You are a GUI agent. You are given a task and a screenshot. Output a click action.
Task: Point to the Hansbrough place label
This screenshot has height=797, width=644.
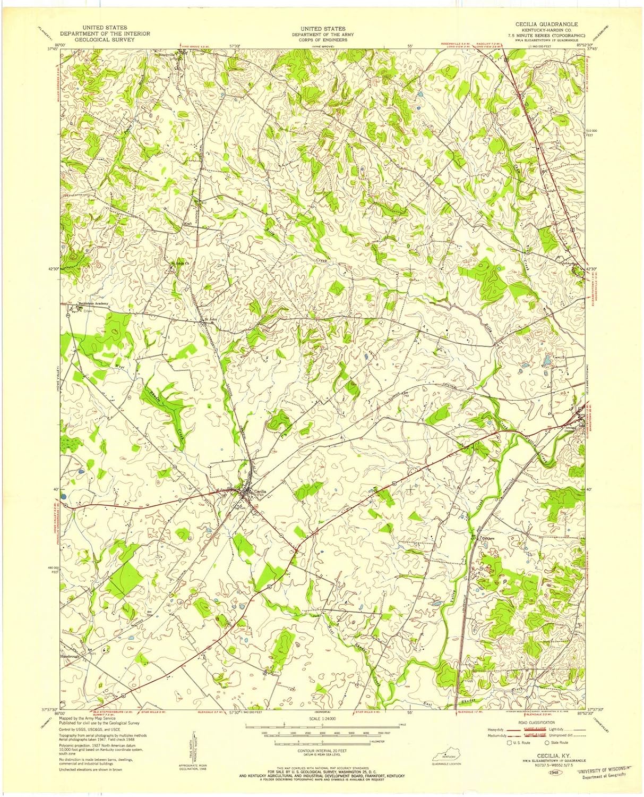click(72, 656)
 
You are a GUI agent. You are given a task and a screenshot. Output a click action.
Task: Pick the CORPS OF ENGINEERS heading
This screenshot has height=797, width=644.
click(322, 40)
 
